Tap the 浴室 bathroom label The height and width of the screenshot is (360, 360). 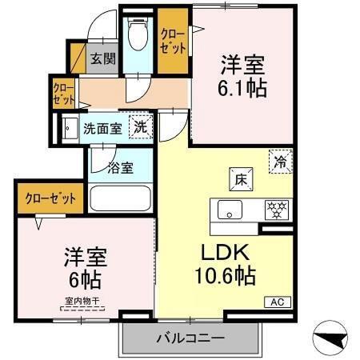(122, 169)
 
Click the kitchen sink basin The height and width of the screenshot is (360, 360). (230, 212)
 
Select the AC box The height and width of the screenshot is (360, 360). (276, 302)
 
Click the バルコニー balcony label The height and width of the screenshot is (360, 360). (190, 338)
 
